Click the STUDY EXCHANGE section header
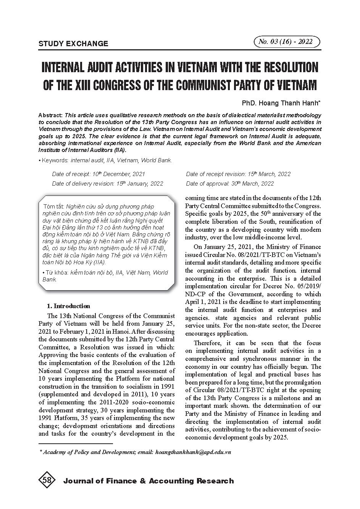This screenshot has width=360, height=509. coord(73,44)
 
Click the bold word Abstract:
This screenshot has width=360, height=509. coord(51,115)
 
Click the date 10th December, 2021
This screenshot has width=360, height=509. coord(118,174)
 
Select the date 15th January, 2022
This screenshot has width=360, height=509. coord(139,184)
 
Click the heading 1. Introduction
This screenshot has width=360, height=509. coord(68,306)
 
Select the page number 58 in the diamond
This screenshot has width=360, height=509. coord(47,481)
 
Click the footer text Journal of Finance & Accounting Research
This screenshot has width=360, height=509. coord(149,481)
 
